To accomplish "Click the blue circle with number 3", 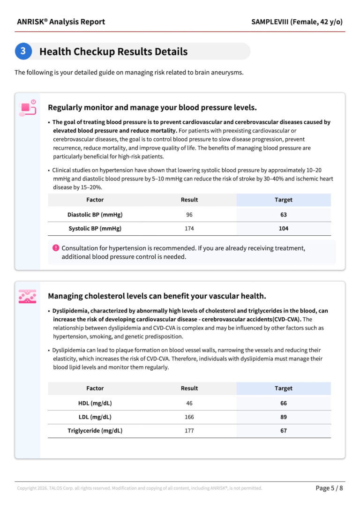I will click(23, 51).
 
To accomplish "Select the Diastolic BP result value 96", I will click(189, 215).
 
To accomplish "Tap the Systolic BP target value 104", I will click(283, 229).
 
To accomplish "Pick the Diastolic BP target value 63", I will click(283, 215).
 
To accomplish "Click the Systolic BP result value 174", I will click(189, 229).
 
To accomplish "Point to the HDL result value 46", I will click(189, 403).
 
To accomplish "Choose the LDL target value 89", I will click(283, 417).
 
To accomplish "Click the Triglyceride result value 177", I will click(189, 431).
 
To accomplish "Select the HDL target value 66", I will click(283, 403).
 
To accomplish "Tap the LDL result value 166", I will click(189, 417).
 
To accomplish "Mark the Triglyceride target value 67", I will click(283, 431).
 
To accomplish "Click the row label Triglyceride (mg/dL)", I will click(95, 431).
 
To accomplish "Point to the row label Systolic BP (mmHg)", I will click(95, 229).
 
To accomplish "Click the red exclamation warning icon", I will click(56, 247).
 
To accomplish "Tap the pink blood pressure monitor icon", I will click(28, 108).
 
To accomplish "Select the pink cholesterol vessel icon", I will click(28, 297).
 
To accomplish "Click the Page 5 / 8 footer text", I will click(329, 488).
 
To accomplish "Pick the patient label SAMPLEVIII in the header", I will click(270, 22).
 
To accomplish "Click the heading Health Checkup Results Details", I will click(113, 52).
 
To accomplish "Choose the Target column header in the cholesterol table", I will click(283, 388).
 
